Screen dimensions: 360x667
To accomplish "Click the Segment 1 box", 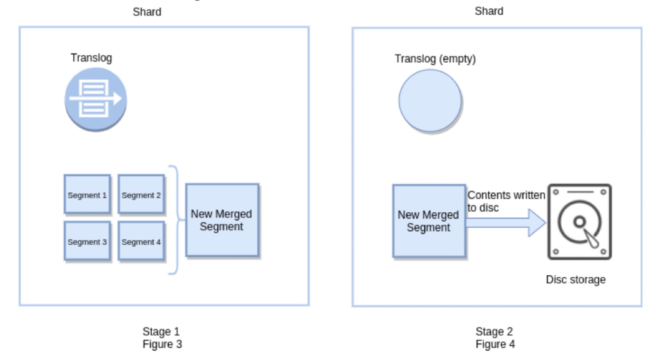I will tap(87, 194).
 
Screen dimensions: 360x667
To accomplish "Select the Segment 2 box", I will tap(141, 194).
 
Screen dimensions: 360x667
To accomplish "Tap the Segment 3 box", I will tap(87, 241).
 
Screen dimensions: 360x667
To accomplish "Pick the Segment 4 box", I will tap(141, 241).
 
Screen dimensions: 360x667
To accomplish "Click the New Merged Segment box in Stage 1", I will tap(222, 220).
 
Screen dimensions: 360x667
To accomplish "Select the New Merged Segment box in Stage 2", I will tap(429, 221).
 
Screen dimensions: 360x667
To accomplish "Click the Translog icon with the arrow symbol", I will tap(95, 99).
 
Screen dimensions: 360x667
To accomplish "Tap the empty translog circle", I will tap(430, 101).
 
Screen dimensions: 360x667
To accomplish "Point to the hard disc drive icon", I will tap(579, 222).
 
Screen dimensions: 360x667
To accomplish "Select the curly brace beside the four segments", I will tap(175, 220).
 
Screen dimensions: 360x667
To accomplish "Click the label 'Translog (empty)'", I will tap(435, 59).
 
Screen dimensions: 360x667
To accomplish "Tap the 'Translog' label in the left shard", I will tap(91, 58).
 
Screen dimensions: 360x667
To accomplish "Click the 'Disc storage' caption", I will tap(575, 280).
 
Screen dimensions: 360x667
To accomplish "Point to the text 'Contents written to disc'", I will tap(506, 201).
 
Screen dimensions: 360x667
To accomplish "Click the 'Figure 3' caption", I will tap(162, 344).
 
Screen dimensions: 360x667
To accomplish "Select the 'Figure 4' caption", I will tap(495, 344).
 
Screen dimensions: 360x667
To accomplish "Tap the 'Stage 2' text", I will tap(494, 332).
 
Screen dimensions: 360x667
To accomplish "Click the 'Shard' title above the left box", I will tap(147, 12).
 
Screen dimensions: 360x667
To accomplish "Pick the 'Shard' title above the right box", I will tap(489, 11).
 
